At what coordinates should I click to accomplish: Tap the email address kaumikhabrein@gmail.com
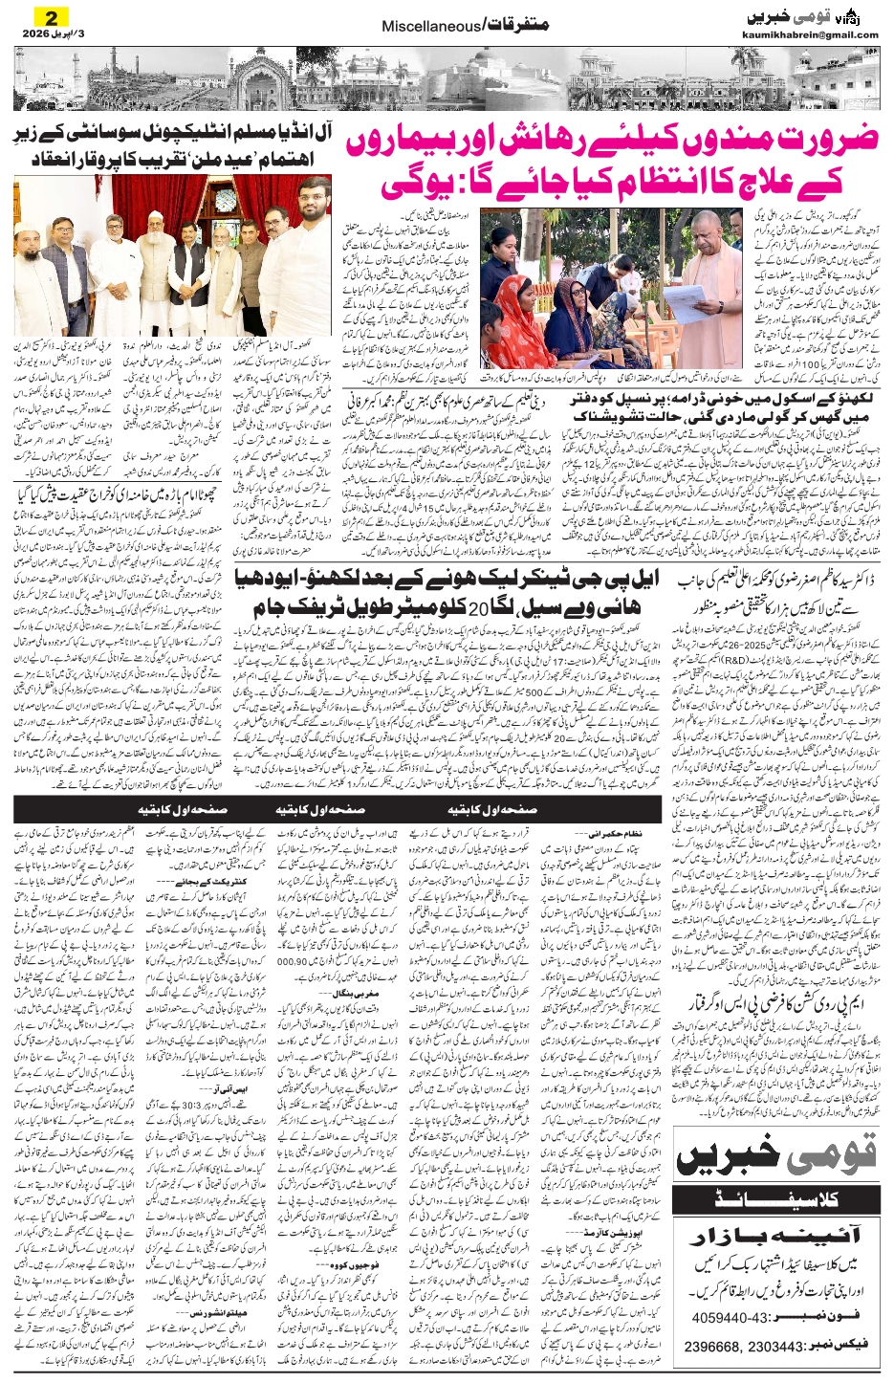coord(810,35)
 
